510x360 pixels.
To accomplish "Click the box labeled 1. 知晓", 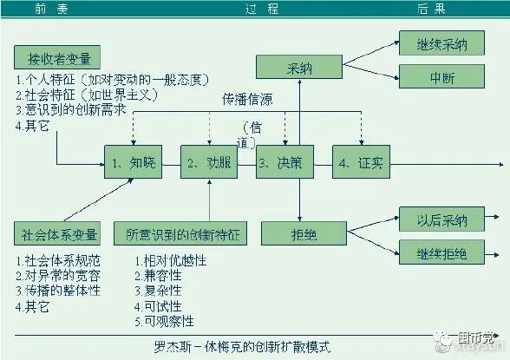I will (x=133, y=161).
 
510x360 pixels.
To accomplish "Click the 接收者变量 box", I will (x=58, y=58).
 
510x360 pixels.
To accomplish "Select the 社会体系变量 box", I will (x=58, y=233).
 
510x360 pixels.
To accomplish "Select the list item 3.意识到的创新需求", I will (x=69, y=110).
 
